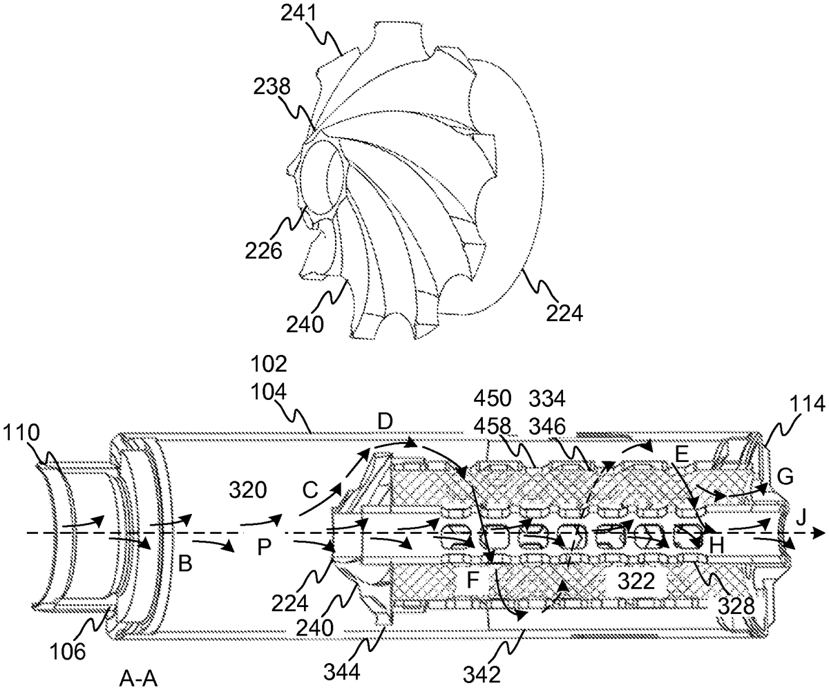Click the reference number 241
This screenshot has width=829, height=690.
[x=299, y=14]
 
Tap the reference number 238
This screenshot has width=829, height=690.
[x=272, y=86]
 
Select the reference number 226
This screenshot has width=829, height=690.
[x=263, y=251]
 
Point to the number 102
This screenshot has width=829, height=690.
[x=269, y=364]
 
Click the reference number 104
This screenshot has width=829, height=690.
[x=269, y=392]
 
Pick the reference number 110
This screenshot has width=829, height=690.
[x=21, y=432]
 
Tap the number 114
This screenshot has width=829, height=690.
[x=807, y=404]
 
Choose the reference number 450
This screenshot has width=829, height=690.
[x=493, y=399]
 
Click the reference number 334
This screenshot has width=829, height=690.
[x=546, y=399]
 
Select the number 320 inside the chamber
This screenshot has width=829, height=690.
[x=247, y=490]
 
